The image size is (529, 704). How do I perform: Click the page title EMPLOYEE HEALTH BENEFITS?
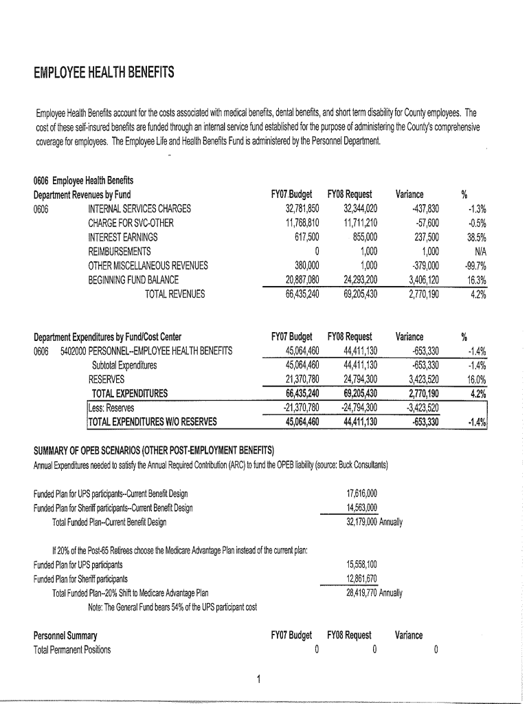[x=104, y=72]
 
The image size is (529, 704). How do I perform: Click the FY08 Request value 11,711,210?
[x=353, y=223]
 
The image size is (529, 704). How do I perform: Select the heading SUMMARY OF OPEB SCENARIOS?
[x=154, y=451]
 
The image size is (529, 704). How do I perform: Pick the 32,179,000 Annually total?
[x=374, y=522]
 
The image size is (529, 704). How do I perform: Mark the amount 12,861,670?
[x=362, y=578]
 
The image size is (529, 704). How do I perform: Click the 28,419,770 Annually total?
[x=374, y=593]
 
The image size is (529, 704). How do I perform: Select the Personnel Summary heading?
[x=65, y=635]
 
